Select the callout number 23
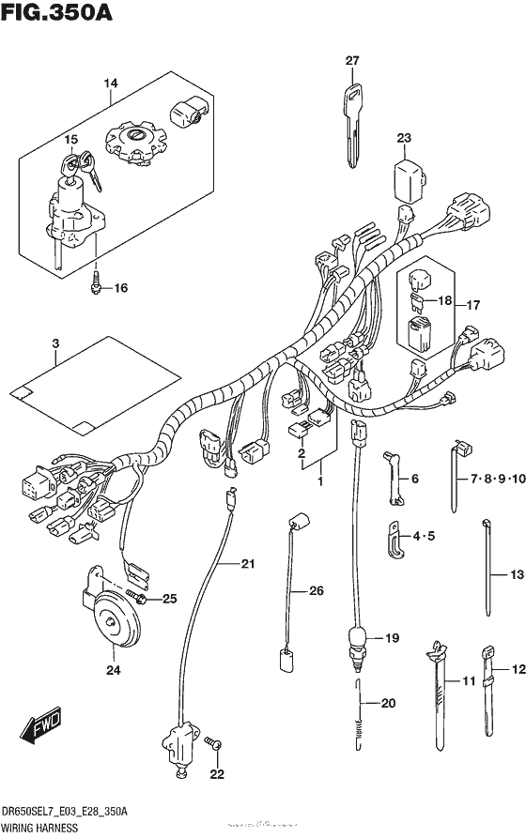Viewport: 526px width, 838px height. (403, 139)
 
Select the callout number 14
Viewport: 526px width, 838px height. (111, 85)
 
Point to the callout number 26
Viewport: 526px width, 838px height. (316, 590)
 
